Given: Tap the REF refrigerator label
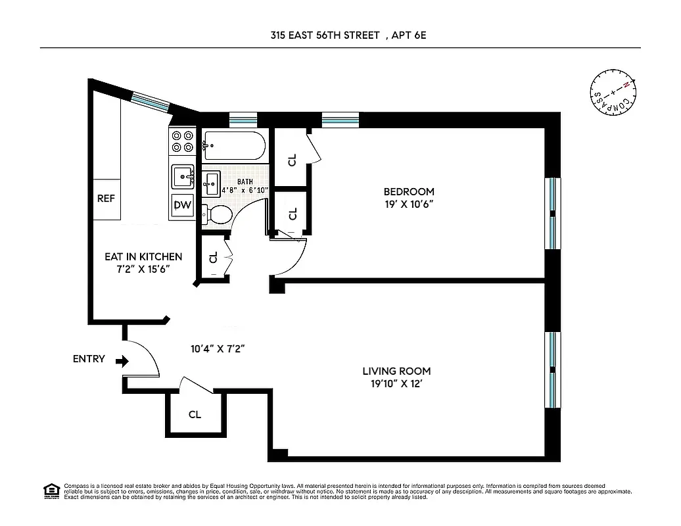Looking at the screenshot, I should (106, 199).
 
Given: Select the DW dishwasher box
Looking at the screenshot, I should (182, 205).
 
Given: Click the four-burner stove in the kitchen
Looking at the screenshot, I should (182, 143).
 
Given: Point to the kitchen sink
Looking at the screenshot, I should (183, 176).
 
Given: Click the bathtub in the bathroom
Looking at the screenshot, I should (233, 145).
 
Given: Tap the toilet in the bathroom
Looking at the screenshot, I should (218, 214).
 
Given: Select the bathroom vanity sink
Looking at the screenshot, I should (211, 182).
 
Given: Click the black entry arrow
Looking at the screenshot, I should (122, 361).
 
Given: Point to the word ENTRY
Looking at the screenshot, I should (89, 359).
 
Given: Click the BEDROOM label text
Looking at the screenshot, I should (409, 192).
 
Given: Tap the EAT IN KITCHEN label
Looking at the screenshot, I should (143, 257).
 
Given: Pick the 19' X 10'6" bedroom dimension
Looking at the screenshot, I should (409, 204).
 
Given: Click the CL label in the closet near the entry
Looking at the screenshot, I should (195, 415).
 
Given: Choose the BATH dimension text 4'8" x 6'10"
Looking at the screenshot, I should (245, 190).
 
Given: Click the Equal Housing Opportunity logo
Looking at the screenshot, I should (50, 491).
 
